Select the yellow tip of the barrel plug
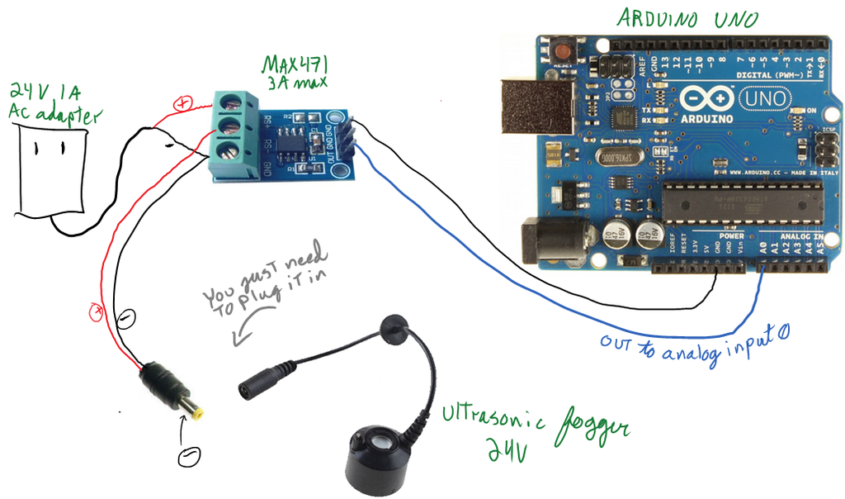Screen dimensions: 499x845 (x=197, y=409)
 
